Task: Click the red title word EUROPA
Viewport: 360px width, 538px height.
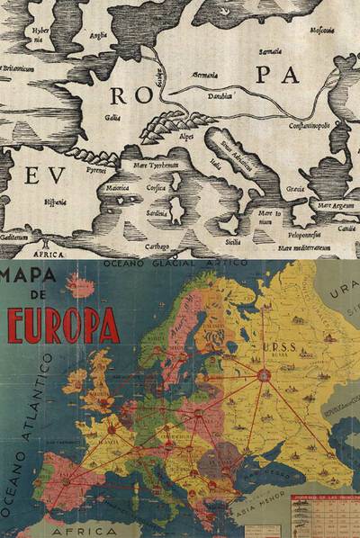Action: tap(63, 326)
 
